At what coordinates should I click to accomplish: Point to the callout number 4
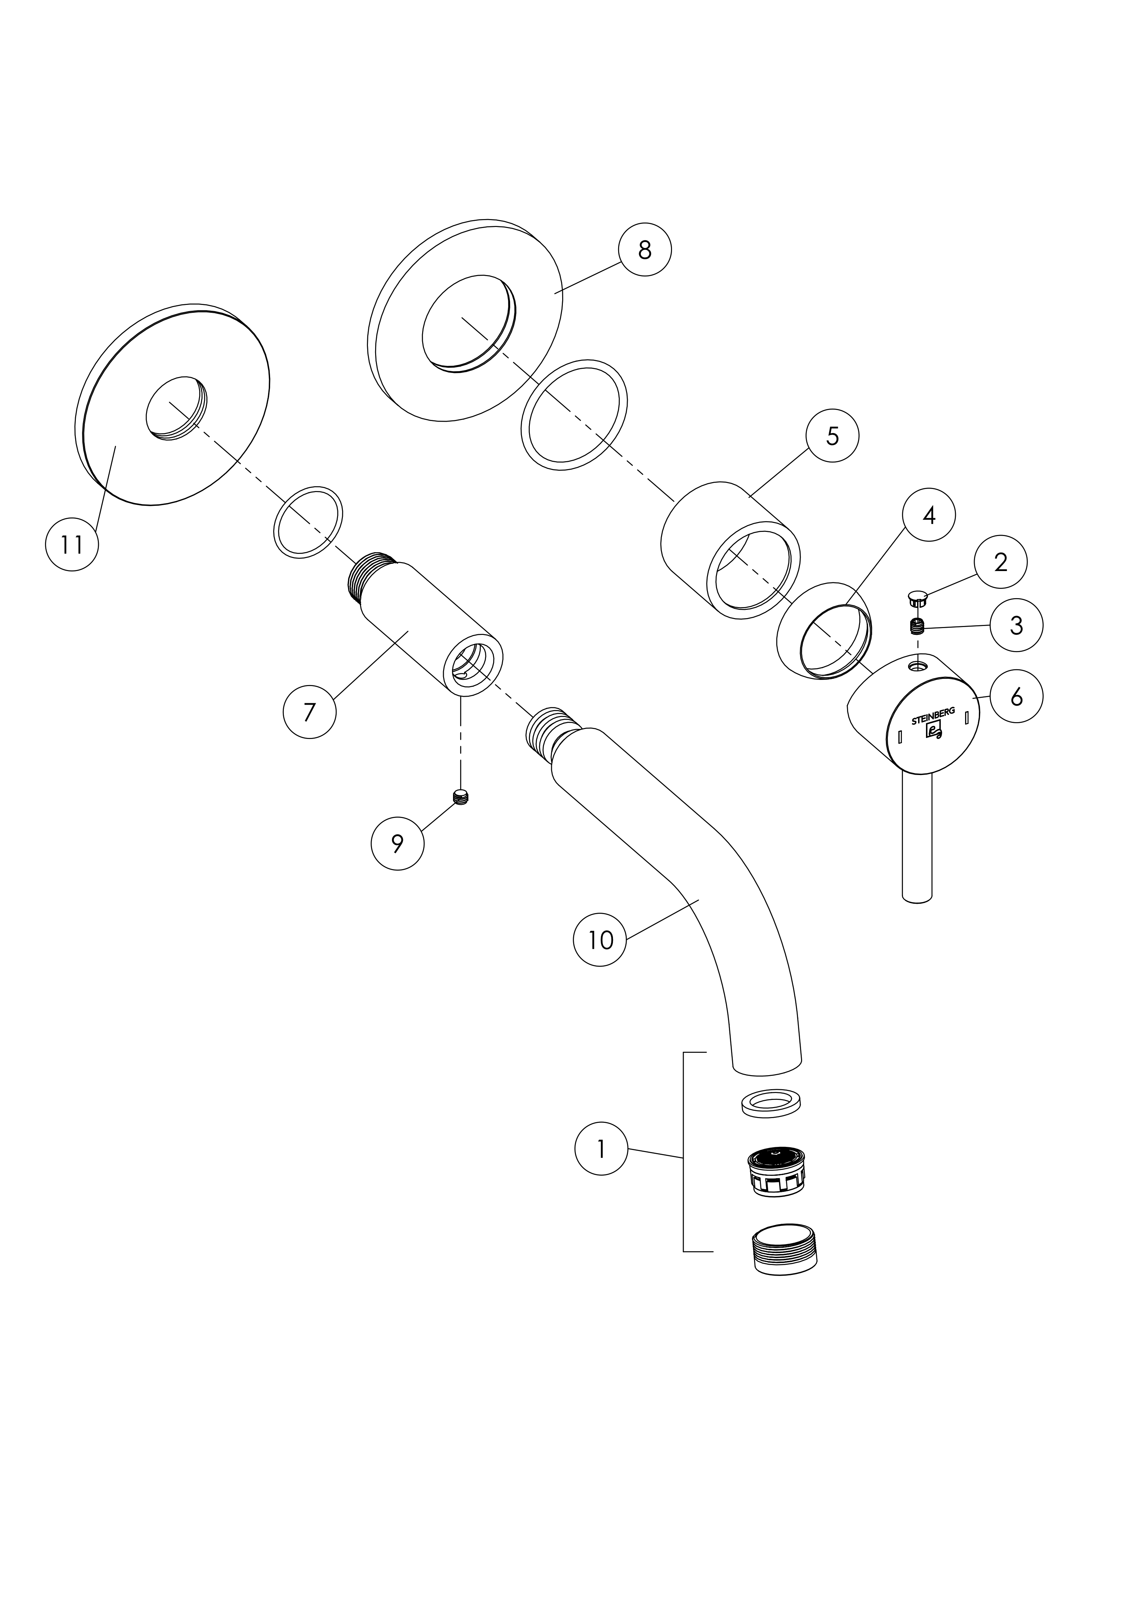click(x=929, y=515)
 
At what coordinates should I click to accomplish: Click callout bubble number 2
click(x=1001, y=562)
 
